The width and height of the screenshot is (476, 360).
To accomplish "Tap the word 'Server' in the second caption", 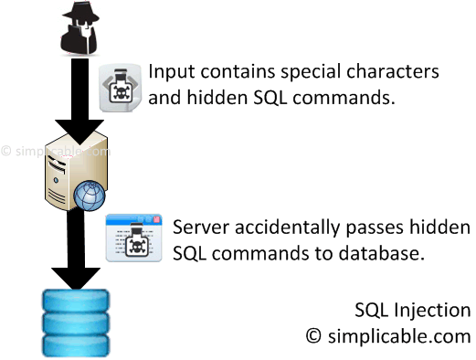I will click(x=201, y=227).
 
